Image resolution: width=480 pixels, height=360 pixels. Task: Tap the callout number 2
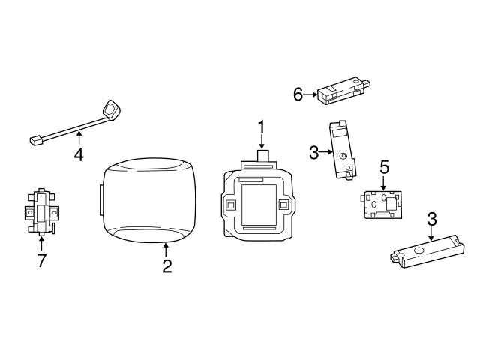click(x=166, y=266)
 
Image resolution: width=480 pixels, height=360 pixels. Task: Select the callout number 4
click(x=78, y=155)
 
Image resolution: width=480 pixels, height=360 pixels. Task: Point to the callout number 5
click(x=383, y=165)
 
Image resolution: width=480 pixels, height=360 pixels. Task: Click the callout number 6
click(x=298, y=94)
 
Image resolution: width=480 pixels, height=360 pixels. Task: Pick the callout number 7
click(x=41, y=259)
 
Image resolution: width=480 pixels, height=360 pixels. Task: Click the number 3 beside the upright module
click(x=314, y=153)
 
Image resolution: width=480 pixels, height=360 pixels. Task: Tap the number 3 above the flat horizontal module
click(x=431, y=219)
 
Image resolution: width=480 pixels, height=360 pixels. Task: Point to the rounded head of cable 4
click(x=112, y=109)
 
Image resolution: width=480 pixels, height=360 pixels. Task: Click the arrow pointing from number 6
click(x=310, y=94)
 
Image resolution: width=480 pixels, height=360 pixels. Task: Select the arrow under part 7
click(x=41, y=241)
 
